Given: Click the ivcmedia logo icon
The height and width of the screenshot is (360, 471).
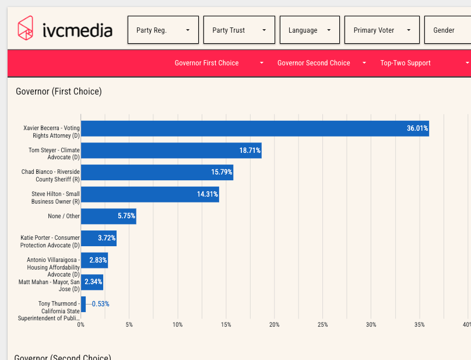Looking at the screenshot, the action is [x=25, y=28].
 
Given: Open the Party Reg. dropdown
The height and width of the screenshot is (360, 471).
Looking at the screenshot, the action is [x=163, y=30].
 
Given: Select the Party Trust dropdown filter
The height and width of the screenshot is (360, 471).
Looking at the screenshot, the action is [x=239, y=30].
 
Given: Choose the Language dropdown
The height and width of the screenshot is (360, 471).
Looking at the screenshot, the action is [x=310, y=30].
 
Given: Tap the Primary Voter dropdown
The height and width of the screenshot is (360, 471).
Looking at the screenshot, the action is [x=382, y=30].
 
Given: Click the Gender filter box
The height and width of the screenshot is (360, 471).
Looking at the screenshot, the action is [x=448, y=30].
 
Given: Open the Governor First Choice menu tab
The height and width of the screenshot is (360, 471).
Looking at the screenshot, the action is [x=219, y=63].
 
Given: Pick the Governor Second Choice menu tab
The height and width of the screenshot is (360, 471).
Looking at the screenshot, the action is [x=322, y=63].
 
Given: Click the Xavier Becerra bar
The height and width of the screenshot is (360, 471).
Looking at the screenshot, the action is [x=255, y=128].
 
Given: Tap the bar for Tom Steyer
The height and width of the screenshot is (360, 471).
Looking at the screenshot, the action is [x=171, y=151].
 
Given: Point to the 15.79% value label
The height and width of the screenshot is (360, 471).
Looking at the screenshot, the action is [x=222, y=172].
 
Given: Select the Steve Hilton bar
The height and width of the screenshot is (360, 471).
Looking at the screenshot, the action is [x=150, y=194].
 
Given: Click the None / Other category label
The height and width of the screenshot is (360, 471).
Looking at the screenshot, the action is [x=64, y=216].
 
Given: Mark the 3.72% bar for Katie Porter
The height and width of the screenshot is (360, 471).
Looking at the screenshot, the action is [x=99, y=238].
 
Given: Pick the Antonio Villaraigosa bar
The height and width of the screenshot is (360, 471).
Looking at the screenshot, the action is [x=94, y=260].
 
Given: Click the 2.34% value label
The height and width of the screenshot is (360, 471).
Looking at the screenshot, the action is [x=93, y=282].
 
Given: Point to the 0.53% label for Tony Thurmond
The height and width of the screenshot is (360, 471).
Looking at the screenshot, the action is [x=101, y=304].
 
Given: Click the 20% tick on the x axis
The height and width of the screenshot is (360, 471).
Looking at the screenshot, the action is [x=274, y=324].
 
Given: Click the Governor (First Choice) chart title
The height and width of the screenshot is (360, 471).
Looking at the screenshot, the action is [x=59, y=92].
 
